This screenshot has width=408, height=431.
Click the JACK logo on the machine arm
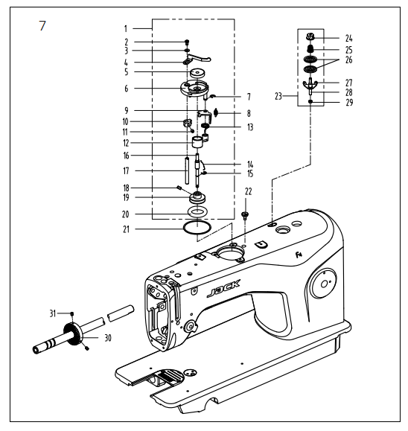pos(223,288)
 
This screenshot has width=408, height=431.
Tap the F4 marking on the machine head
pos(299,255)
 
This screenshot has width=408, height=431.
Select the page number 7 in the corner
pos(42,25)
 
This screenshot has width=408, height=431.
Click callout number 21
pos(126,229)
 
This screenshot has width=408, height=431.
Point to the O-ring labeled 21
pos(197,228)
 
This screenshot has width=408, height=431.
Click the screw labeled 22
pos(245,215)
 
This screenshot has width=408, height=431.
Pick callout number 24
pos(349,38)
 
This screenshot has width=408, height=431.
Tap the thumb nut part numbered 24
pos(310,36)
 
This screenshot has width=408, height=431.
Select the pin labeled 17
pos(187,170)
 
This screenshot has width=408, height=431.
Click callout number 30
pos(108,337)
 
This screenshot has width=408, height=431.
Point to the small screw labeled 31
pos(72,313)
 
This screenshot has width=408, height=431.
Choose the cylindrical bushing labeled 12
pos(197,142)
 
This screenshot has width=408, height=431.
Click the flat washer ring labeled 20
pos(197,212)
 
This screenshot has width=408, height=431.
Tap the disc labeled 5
pos(197,74)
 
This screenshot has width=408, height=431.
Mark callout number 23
pos(278,96)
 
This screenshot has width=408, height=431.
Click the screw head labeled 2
pos(187,42)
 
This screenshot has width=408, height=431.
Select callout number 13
pos(250,127)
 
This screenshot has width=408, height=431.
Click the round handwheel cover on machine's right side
pos(323,283)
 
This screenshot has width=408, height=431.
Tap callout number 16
pos(126,156)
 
